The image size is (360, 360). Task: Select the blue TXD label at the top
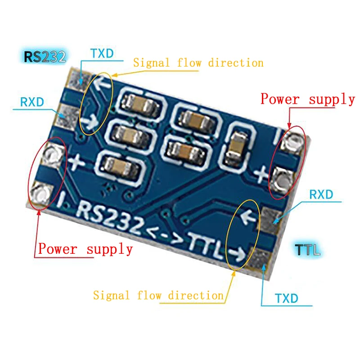[x=102, y=54]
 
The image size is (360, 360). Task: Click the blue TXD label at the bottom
[x=286, y=298]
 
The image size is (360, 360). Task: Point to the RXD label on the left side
[x=32, y=102]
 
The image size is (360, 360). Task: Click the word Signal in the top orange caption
[x=151, y=63]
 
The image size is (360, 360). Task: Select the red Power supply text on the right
[x=308, y=99]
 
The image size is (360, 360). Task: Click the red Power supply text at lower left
[x=85, y=248]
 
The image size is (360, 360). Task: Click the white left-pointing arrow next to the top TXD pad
[x=103, y=84]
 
